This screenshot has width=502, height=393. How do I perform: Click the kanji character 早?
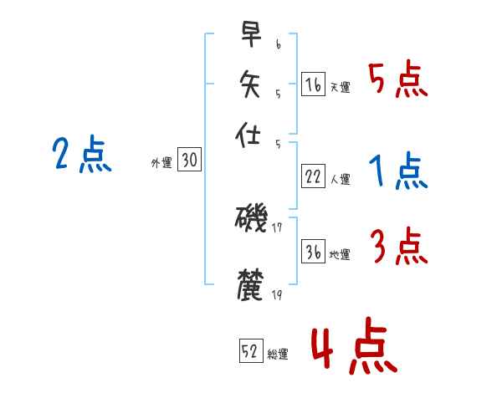250,36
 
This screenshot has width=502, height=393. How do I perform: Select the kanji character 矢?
250,84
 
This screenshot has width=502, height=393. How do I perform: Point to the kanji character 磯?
250,219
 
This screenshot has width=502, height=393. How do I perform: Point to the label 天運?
341,87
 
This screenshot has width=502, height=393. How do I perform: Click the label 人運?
341,179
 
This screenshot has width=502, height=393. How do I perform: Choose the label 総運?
278,355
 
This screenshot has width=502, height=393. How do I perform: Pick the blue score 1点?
398,172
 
